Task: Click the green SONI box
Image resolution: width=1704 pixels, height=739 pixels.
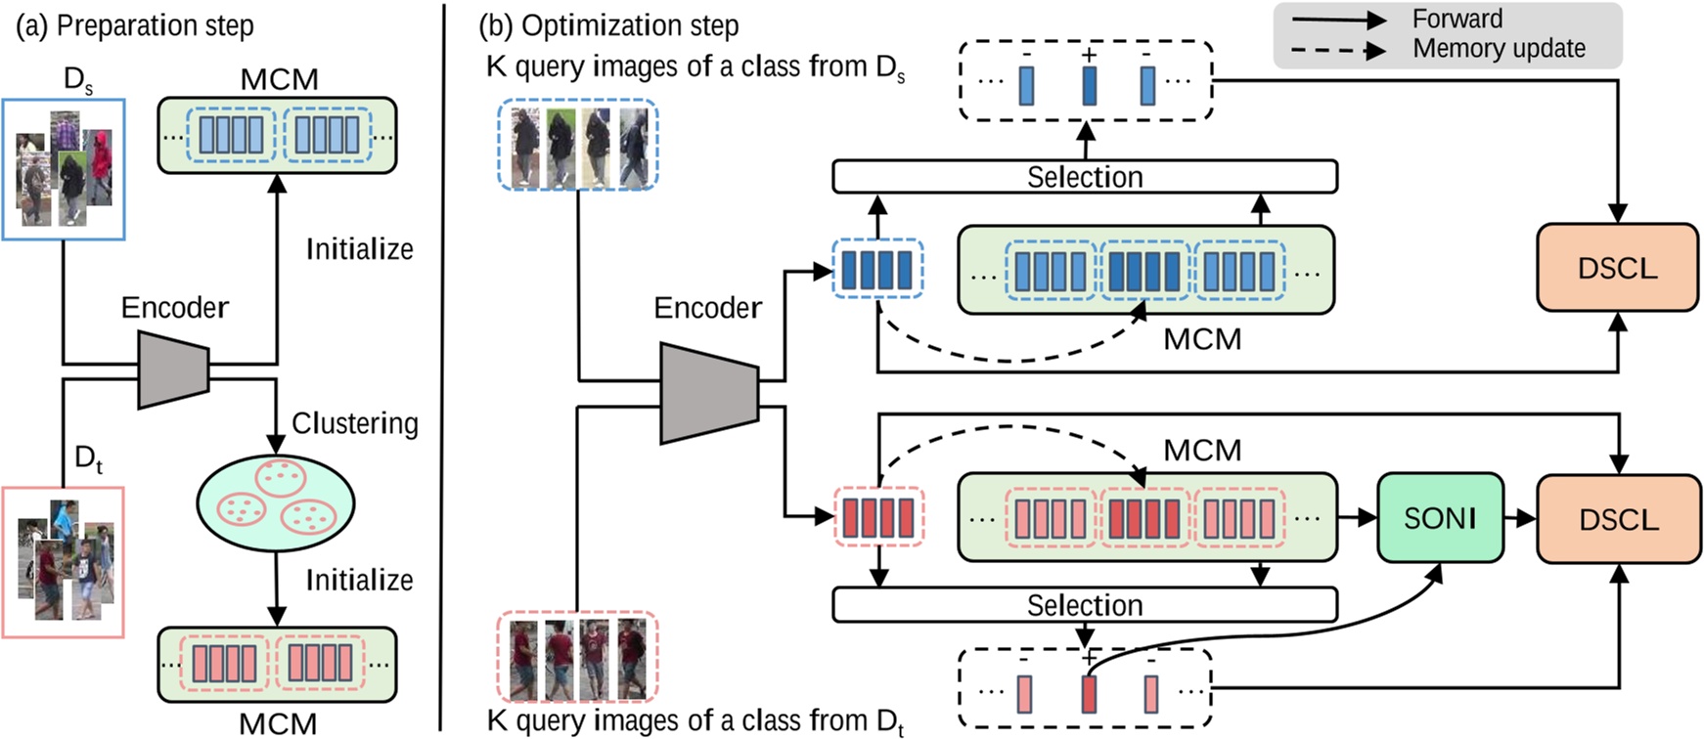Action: coord(1440,518)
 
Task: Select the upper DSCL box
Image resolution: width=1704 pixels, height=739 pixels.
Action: coord(1617,268)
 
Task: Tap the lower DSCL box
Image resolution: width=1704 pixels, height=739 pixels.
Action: coord(1617,519)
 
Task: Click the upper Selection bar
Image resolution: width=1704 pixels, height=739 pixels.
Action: coord(1084,177)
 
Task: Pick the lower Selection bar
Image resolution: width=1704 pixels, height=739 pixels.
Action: coord(1084,605)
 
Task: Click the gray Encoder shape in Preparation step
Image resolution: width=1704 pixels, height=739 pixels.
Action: coord(173,369)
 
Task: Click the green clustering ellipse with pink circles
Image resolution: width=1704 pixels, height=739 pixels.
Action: coord(276,503)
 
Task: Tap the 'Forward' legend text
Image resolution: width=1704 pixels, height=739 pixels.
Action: coord(1457,20)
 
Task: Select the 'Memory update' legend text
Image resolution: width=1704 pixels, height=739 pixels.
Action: coord(1499,49)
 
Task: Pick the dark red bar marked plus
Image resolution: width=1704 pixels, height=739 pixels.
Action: coord(1089,694)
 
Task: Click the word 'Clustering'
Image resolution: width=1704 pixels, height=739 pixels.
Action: coord(354,423)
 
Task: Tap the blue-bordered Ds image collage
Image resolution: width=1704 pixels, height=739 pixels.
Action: coord(64,168)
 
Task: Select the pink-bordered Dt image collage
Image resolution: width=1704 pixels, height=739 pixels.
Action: coord(64,562)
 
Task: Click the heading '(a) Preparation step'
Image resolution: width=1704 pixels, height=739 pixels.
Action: coord(135,25)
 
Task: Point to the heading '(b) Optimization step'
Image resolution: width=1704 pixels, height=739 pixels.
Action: coord(608,25)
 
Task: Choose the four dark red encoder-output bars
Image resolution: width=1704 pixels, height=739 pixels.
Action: coord(877,518)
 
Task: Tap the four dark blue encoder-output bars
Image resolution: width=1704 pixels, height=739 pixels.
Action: coord(877,270)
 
